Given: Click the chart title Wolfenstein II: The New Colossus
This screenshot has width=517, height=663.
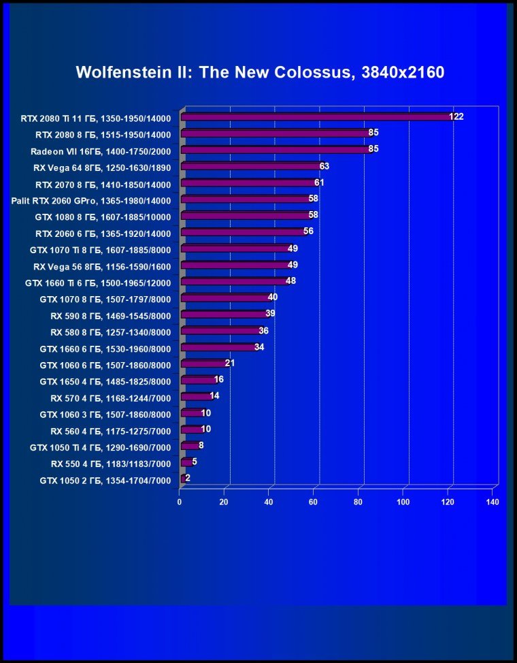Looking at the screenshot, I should pyautogui.click(x=260, y=72).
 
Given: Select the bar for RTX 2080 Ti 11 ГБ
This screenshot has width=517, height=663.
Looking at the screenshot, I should pyautogui.click(x=316, y=117).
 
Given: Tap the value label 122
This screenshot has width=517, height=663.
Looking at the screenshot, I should pyautogui.click(x=456, y=117).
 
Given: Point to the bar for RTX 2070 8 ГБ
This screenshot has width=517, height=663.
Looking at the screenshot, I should pyautogui.click(x=249, y=183).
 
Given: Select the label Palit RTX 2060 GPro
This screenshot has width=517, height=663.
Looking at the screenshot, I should pyautogui.click(x=91, y=200).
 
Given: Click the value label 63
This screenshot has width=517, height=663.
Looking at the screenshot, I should pyautogui.click(x=324, y=166).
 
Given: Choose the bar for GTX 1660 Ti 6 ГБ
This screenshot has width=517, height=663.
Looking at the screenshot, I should pyautogui.click(x=235, y=282).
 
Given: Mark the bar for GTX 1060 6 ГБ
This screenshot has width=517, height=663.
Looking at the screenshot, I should pyautogui.click(x=204, y=364).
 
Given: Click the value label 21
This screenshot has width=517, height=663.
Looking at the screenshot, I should pyautogui.click(x=230, y=363).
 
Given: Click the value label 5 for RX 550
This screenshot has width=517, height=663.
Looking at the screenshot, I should pyautogui.click(x=195, y=462).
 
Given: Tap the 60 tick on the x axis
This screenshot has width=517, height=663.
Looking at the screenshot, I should pyautogui.click(x=314, y=502).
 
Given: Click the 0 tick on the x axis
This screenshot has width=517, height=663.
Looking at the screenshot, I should pyautogui.click(x=180, y=502).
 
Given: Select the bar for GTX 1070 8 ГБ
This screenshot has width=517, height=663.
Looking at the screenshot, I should pyautogui.click(x=226, y=298).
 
